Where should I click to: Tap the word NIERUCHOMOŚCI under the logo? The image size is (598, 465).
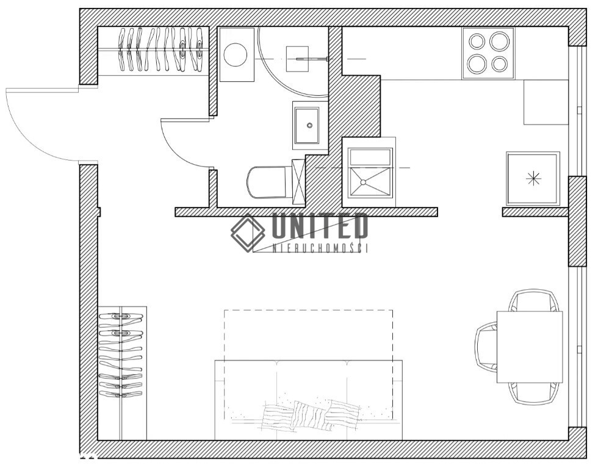pyautogui.click(x=320, y=248)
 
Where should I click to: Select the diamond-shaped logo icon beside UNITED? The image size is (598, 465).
pyautogui.click(x=248, y=232)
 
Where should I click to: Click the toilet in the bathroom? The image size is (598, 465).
pyautogui.click(x=267, y=182)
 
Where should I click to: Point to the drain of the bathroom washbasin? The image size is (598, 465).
pyautogui.click(x=310, y=124)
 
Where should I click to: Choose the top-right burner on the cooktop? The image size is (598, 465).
pyautogui.click(x=500, y=41)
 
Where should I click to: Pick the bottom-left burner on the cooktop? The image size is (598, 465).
pyautogui.click(x=477, y=63)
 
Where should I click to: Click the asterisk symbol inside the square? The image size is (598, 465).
pyautogui.click(x=533, y=178)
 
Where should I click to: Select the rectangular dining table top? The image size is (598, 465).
pyautogui.click(x=530, y=347)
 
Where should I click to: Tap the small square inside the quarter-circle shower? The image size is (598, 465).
pyautogui.click(x=297, y=59)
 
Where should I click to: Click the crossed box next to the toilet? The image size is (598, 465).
pyautogui.click(x=298, y=182)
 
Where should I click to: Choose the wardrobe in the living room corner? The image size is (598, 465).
pyautogui.click(x=122, y=373)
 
